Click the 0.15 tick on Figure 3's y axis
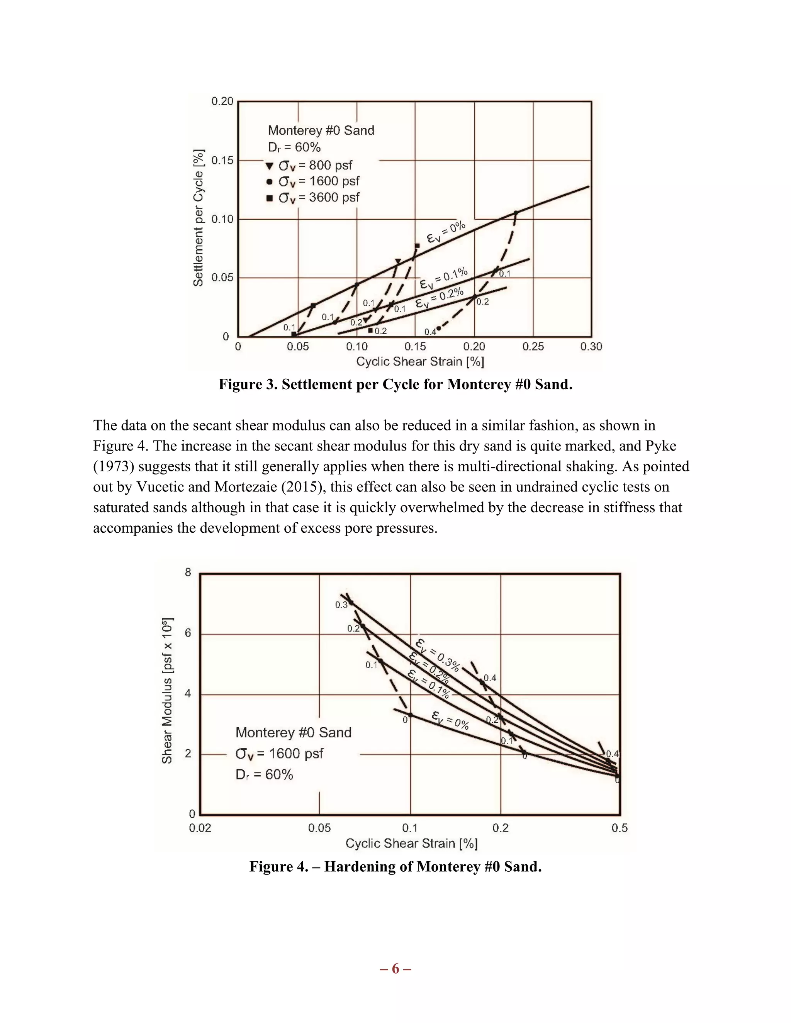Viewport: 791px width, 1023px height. click(222, 160)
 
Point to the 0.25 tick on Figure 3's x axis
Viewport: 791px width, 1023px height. click(533, 346)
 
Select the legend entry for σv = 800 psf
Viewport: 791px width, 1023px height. click(309, 165)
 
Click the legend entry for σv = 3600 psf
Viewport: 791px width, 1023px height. click(313, 198)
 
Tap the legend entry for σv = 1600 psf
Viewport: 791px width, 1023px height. click(313, 181)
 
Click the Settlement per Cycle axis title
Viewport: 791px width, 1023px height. click(199, 218)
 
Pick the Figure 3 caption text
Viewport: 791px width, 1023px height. click(395, 384)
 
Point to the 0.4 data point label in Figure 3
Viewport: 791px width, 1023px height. click(430, 332)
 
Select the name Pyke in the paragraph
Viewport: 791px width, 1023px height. click(661, 446)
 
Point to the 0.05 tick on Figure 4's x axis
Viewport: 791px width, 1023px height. click(319, 828)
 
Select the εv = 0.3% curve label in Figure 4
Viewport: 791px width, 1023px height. click(438, 654)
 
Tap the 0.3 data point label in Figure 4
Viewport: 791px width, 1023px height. click(341, 605)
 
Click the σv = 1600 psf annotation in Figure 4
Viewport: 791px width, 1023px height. click(279, 754)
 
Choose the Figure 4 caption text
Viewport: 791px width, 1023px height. click(395, 867)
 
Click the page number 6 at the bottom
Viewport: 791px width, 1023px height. click(395, 969)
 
